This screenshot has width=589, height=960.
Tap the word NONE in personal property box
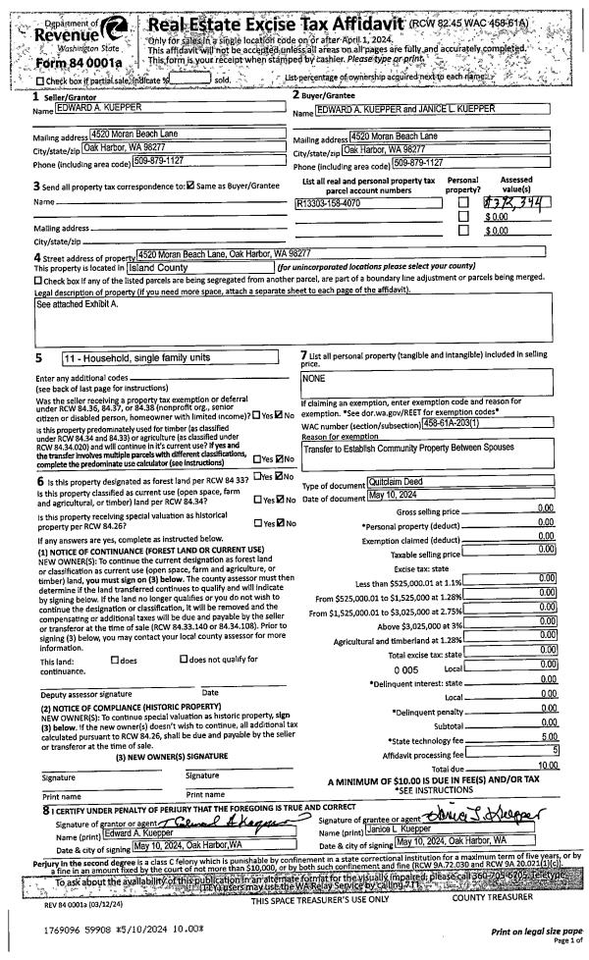[316, 377]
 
